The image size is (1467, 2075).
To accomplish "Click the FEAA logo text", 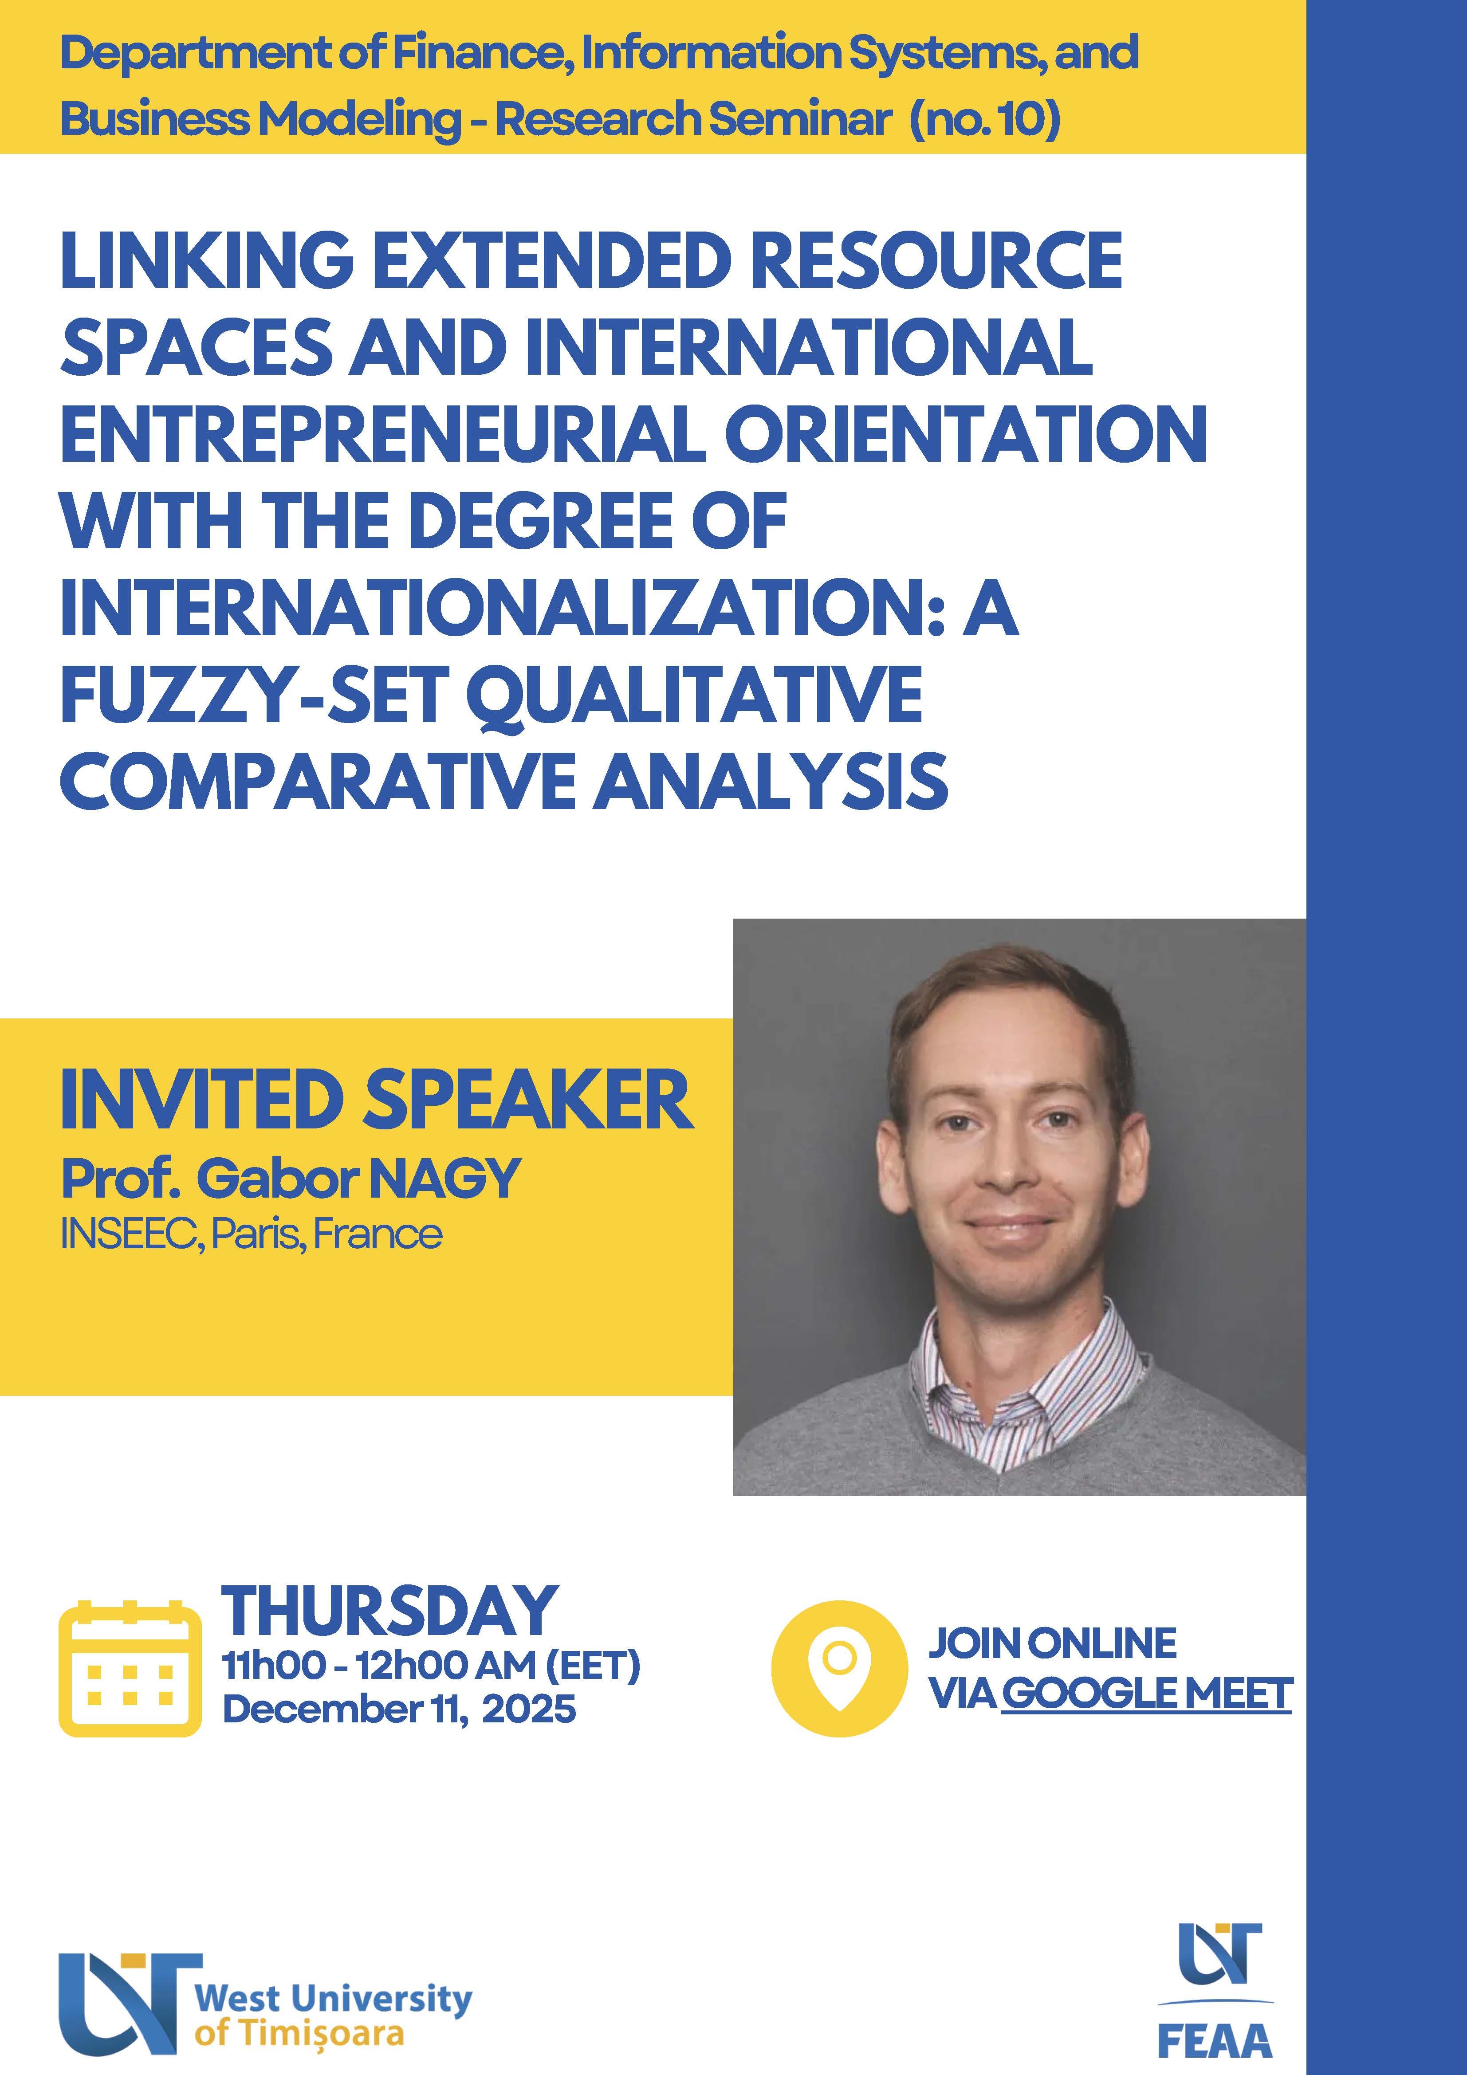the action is point(1215,2039).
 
